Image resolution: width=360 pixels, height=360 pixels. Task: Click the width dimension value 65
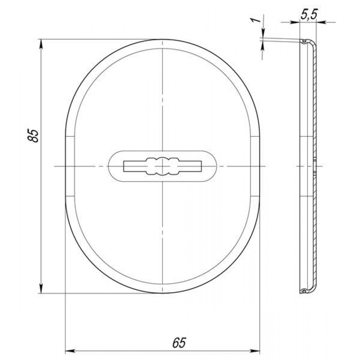pos(179,343)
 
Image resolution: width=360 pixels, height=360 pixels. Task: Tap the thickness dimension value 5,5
pos(309,15)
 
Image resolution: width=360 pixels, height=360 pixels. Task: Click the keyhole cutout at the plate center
pos(163,166)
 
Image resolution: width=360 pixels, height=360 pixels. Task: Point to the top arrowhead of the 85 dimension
pos(41,44)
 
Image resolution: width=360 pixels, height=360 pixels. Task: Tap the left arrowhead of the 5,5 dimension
pos(295,22)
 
